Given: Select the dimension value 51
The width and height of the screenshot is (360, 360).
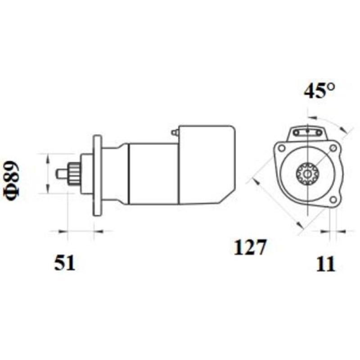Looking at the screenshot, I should coord(64,263).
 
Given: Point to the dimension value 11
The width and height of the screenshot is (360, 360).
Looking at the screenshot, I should coord(326,264).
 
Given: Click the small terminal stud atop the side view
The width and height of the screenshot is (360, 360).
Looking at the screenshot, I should coord(174,133).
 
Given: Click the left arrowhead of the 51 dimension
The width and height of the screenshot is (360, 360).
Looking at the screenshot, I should coord(63,232).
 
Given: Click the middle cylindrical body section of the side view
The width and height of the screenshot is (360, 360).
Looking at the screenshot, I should coord(153,173).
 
